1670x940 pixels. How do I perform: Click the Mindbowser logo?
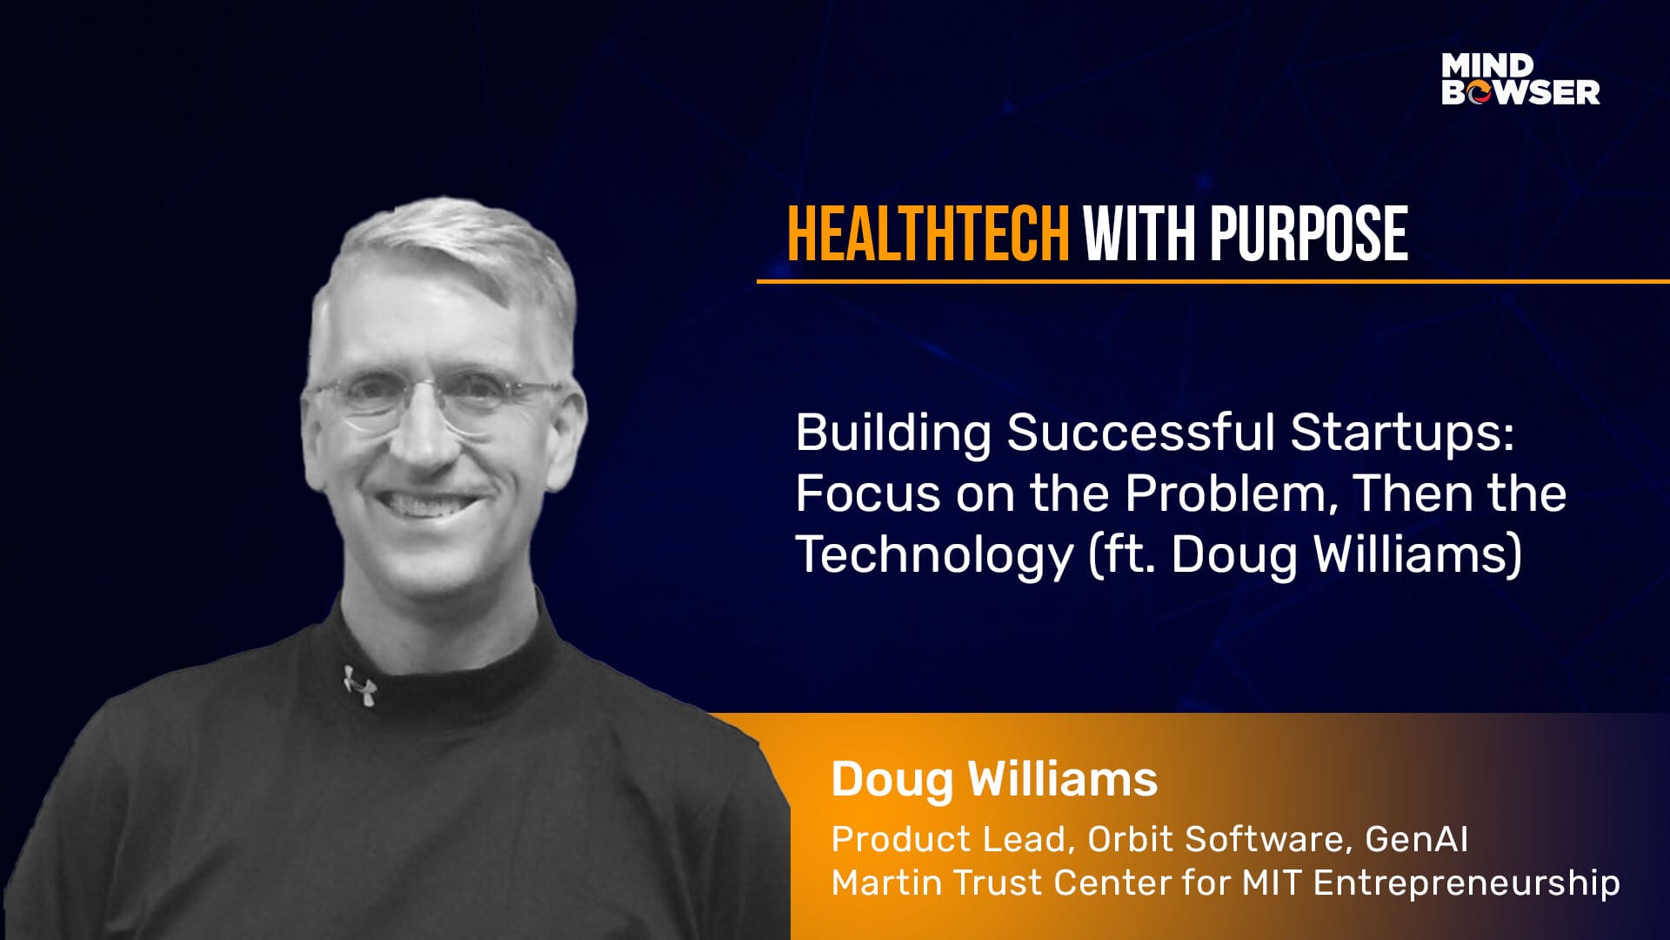click(x=1520, y=79)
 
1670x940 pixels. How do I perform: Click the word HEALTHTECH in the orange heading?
click(x=928, y=234)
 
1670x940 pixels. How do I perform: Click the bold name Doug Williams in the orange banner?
click(x=994, y=780)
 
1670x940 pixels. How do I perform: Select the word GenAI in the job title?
click(x=1417, y=839)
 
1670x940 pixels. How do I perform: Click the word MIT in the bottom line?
click(x=1271, y=883)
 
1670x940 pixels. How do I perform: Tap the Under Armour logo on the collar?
click(x=359, y=685)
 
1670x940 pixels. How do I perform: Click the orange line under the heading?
click(x=1213, y=281)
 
